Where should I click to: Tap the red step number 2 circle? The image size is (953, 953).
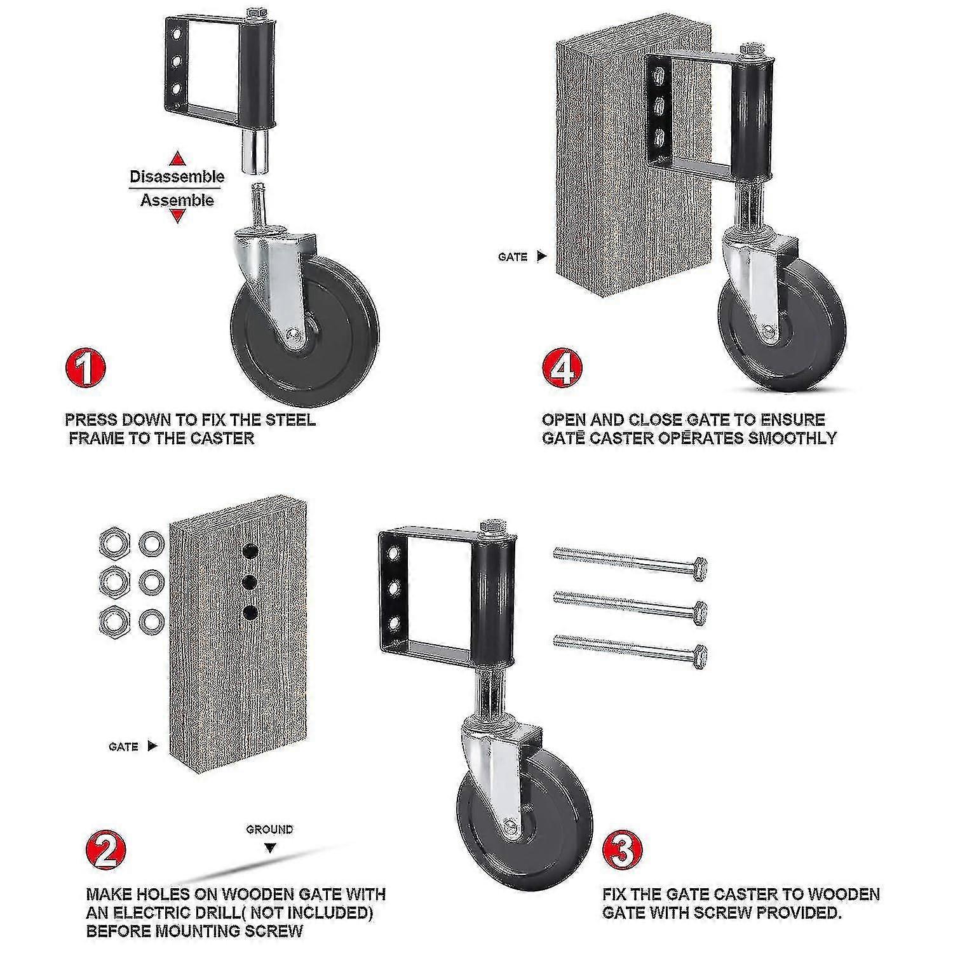tap(105, 851)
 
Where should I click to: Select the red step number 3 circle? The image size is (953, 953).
tap(623, 851)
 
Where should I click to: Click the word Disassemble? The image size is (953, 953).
tap(177, 177)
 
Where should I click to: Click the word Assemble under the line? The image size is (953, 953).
tap(177, 201)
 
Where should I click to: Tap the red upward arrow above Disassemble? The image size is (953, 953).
tap(179, 158)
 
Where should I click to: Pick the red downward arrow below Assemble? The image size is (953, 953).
tap(179, 217)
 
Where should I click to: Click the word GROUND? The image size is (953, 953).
tap(270, 829)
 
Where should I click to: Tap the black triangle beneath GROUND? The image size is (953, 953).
tap(270, 848)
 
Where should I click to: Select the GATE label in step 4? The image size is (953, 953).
tap(513, 257)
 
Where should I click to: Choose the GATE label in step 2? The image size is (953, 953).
tap(123, 747)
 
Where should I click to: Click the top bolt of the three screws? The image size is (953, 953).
tap(630, 559)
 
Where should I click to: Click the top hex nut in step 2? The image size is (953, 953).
tap(113, 543)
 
